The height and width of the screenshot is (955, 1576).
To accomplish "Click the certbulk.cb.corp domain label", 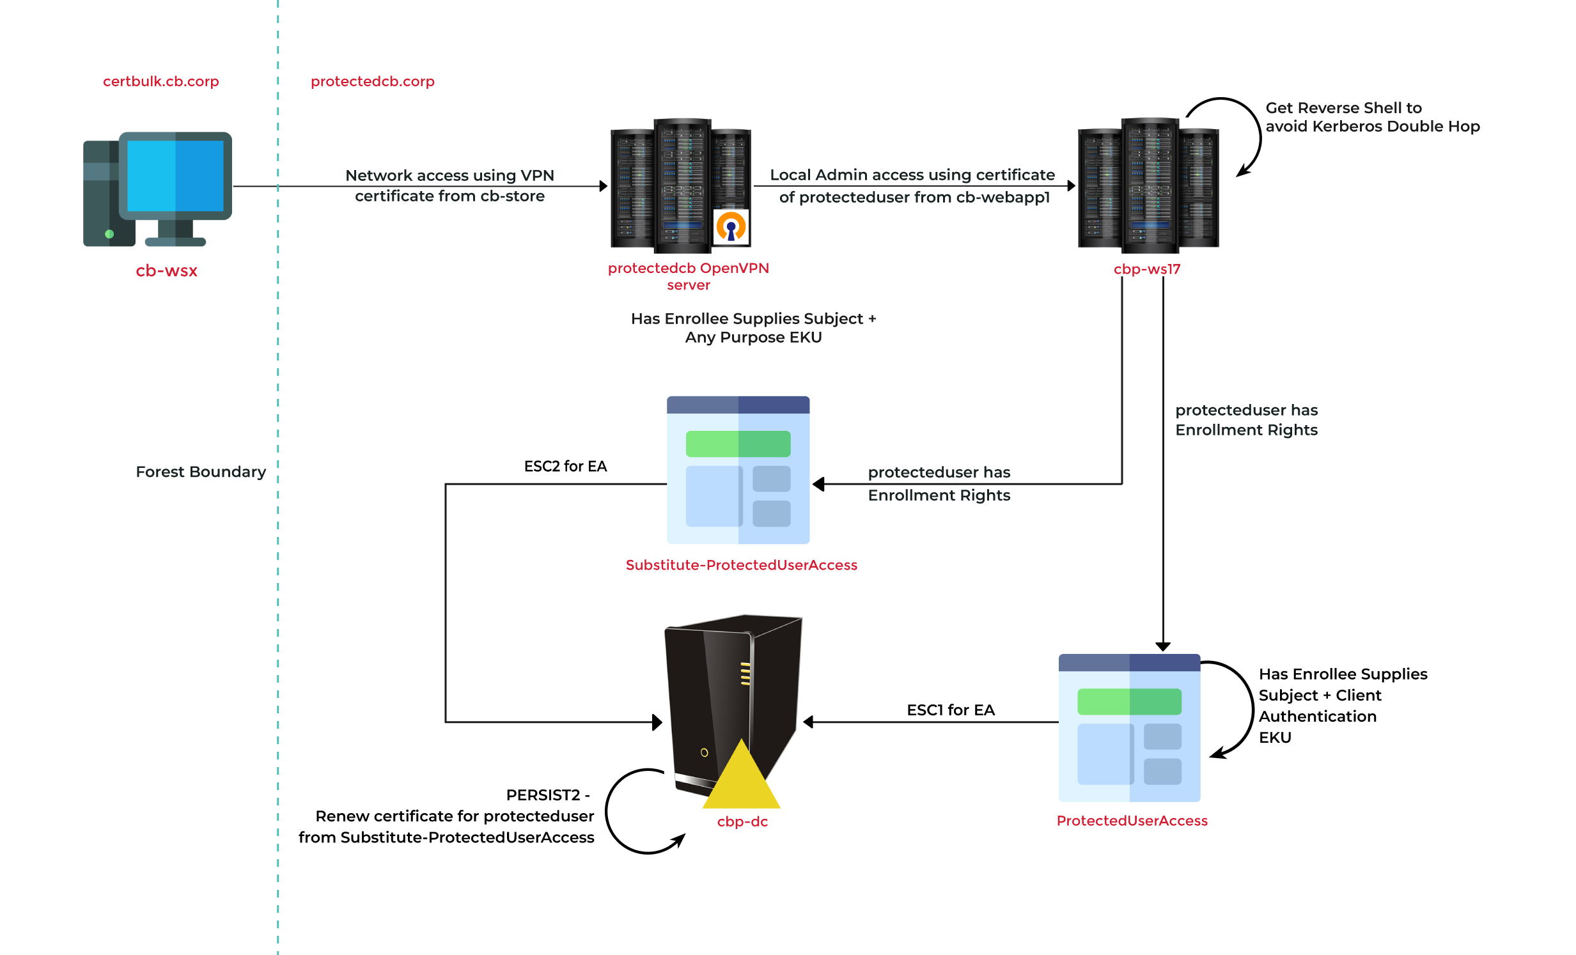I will [x=160, y=82].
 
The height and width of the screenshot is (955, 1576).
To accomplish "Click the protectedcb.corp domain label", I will [x=372, y=82].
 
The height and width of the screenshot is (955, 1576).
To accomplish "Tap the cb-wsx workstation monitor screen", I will [x=175, y=176].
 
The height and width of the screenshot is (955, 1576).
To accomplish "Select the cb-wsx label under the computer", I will [x=166, y=271].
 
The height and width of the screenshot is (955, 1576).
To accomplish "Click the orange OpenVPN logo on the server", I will [x=730, y=227].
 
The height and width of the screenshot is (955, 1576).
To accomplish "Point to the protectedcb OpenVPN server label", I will [x=688, y=276].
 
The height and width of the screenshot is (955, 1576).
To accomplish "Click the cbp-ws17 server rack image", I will [x=1148, y=189].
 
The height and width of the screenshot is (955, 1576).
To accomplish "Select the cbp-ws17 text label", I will [x=1147, y=269].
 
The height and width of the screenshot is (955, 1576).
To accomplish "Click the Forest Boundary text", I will [x=200, y=472].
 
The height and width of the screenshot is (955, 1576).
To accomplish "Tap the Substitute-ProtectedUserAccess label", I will [x=741, y=566].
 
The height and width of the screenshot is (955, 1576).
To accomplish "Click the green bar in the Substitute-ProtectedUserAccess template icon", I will [x=738, y=444].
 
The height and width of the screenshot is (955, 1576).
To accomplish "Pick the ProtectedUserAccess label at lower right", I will [x=1132, y=821].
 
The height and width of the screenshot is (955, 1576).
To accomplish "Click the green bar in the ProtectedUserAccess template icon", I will [x=1129, y=702].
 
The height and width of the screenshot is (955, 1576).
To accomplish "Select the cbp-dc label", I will [x=742, y=822].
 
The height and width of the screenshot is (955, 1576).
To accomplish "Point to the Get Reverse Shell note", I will [x=1372, y=117].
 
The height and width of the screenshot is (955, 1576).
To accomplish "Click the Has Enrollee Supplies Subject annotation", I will [x=753, y=328].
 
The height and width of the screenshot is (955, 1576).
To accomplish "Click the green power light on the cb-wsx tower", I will [x=109, y=234].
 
